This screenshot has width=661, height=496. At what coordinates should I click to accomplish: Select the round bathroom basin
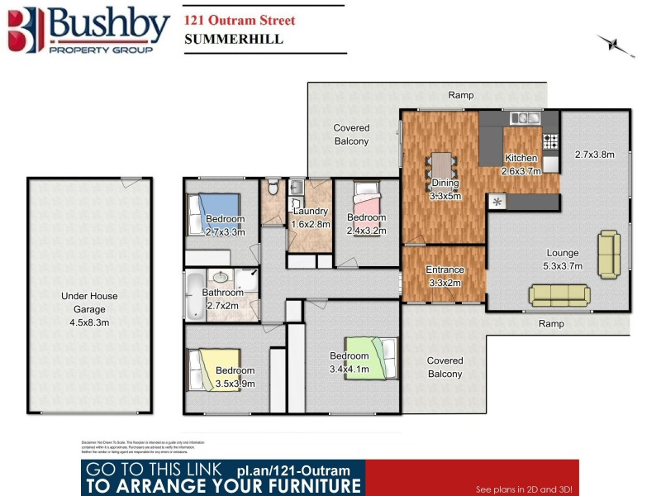pyautogui.click(x=220, y=278)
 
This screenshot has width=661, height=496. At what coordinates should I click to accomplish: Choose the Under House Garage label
pyautogui.click(x=89, y=303)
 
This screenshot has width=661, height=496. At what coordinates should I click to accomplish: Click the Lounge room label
pyautogui.click(x=562, y=253)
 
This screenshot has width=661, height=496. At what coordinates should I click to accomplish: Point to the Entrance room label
pyautogui.click(x=444, y=269)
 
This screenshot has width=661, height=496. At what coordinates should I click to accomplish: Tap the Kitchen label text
pyautogui.click(x=521, y=158)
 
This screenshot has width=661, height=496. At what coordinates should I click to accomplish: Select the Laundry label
pyautogui.click(x=311, y=212)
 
